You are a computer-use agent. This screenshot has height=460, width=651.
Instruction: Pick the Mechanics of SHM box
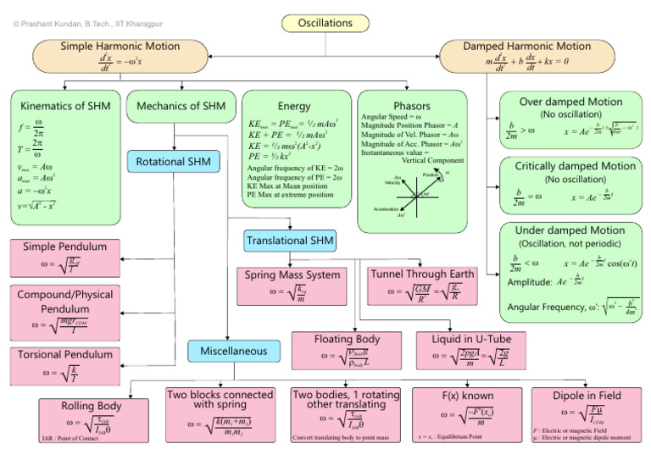[176, 106]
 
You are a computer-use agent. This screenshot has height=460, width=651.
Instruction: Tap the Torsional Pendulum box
[64, 364]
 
